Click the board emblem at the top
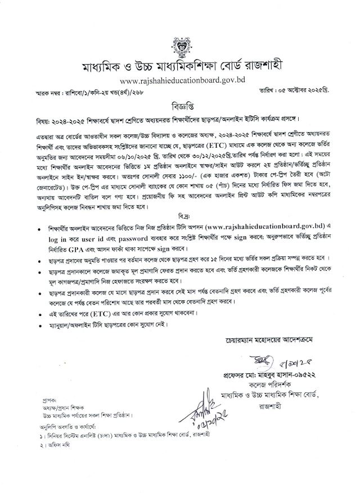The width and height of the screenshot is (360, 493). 179,44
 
